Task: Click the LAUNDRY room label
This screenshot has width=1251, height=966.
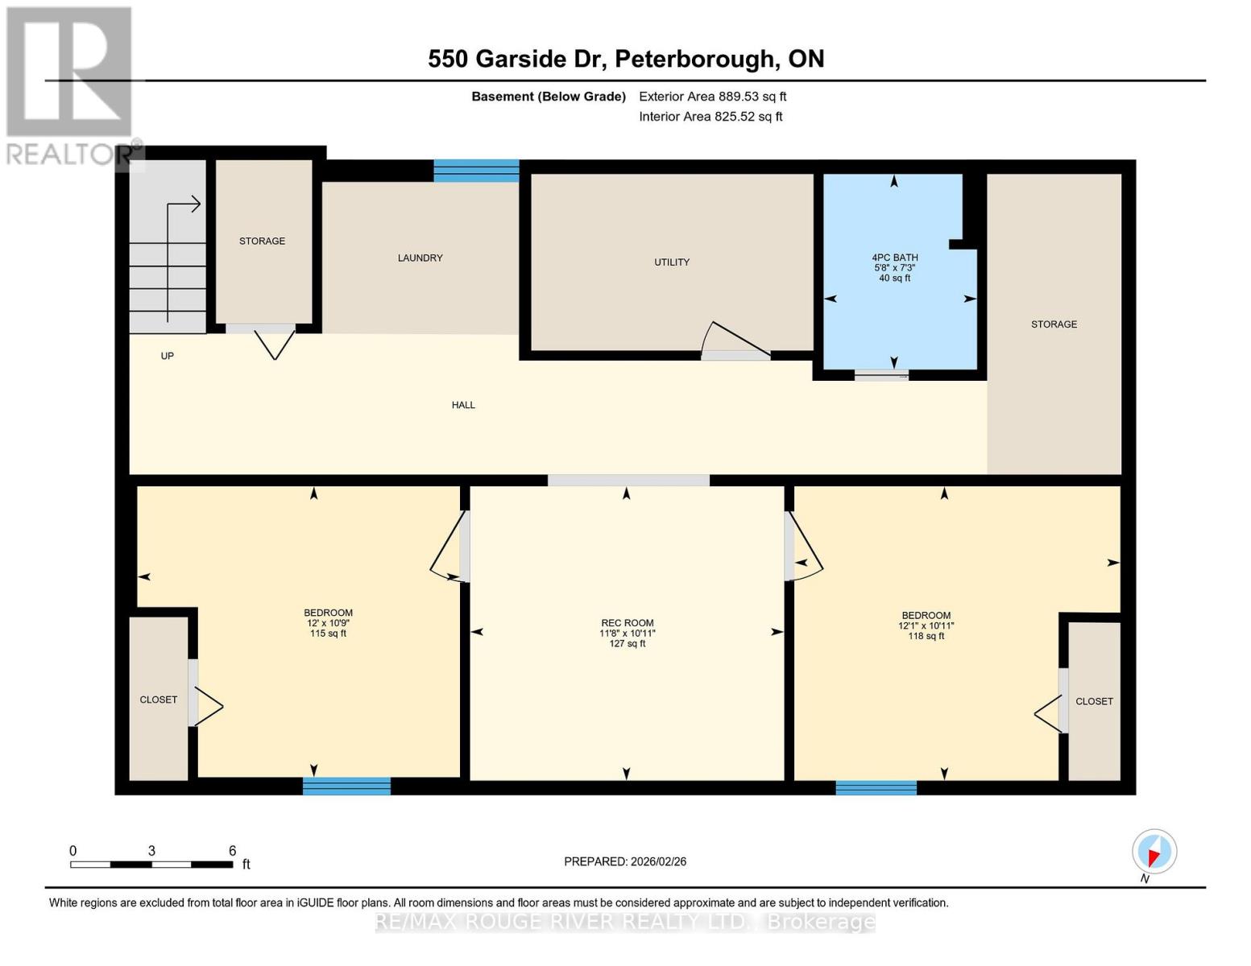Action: (420, 258)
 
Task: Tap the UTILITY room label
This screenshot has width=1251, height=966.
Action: (671, 262)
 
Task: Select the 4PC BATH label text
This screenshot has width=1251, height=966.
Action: (894, 258)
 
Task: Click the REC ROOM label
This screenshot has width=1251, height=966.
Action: (627, 622)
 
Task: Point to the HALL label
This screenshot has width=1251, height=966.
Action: (463, 405)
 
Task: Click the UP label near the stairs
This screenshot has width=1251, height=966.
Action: (167, 356)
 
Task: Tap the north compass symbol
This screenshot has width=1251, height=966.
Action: (1154, 852)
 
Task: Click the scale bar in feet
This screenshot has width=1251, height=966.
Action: (151, 864)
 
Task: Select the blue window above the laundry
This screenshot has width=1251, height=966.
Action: (476, 171)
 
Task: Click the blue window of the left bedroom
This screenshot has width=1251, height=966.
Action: (346, 786)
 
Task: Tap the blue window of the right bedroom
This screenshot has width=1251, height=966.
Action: (876, 787)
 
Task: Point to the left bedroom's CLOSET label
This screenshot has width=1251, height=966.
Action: (158, 700)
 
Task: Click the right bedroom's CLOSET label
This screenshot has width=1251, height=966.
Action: (1093, 701)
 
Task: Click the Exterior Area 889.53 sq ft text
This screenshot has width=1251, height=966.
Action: (712, 97)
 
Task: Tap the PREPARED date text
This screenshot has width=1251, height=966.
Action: (625, 861)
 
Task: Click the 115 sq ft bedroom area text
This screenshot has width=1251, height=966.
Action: (328, 634)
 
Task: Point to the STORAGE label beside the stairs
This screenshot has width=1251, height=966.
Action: (262, 241)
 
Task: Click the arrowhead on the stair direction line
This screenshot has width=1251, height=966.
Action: (196, 204)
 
